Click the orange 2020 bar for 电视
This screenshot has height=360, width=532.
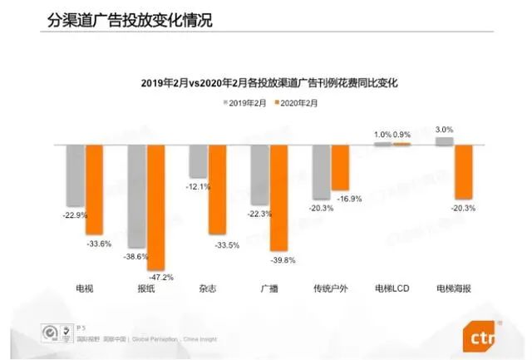(x=94, y=190)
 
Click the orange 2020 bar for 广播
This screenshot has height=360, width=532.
(x=278, y=198)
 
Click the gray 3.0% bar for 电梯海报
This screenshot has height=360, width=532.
(x=445, y=141)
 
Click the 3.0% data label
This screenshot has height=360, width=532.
(x=445, y=130)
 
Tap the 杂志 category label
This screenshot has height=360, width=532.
(x=208, y=288)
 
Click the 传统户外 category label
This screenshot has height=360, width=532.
(x=331, y=288)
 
